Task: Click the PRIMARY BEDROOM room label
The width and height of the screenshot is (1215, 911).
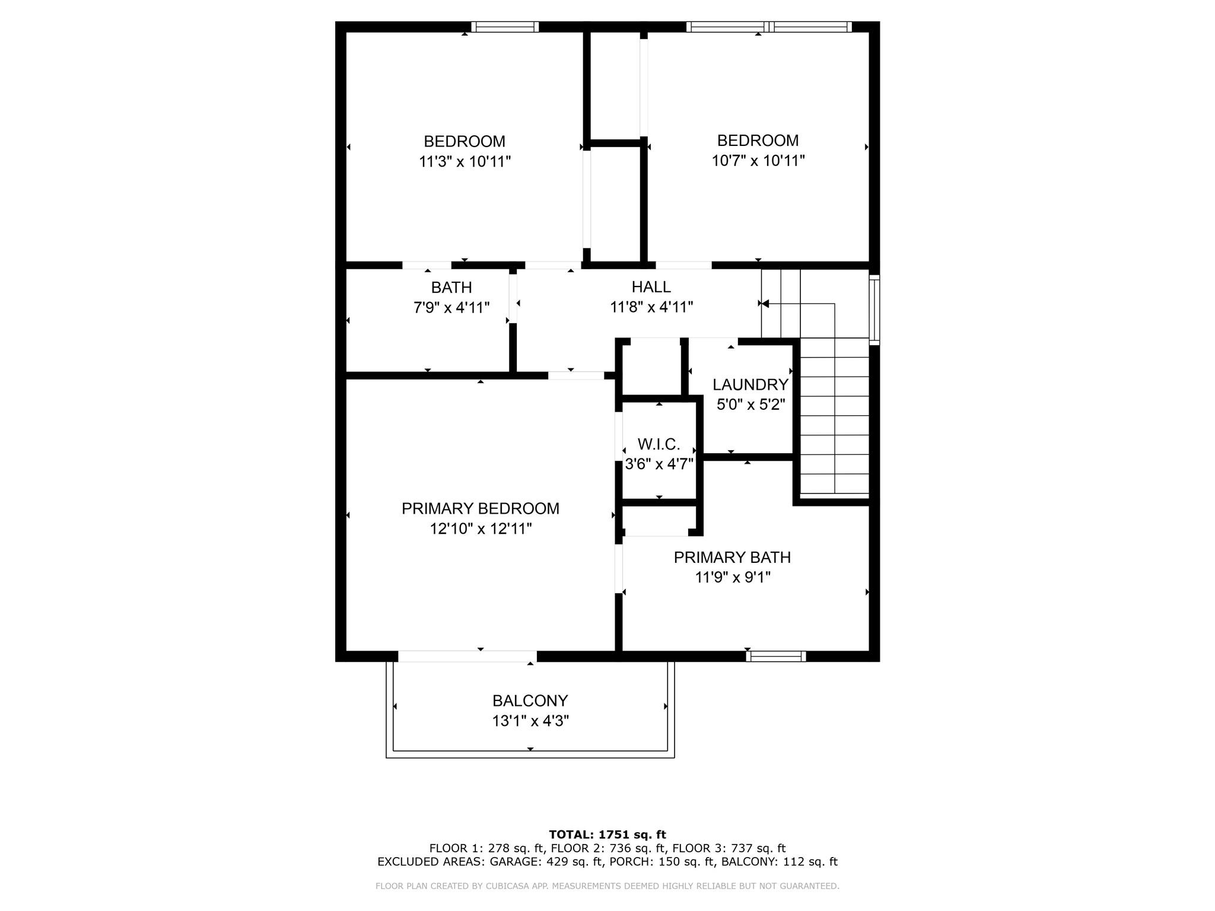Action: [480, 508]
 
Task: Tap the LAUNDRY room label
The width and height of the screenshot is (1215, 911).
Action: [750, 384]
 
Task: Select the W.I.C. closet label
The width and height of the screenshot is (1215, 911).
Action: [659, 444]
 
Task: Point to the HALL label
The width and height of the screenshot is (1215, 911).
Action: [651, 287]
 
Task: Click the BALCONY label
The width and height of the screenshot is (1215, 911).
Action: [530, 700]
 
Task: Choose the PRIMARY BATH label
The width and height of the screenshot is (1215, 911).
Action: [732, 558]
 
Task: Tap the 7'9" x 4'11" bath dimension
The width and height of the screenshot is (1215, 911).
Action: [451, 307]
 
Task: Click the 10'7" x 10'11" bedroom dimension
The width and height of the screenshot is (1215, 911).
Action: [758, 161]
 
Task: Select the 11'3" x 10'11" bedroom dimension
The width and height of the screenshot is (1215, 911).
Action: [465, 161]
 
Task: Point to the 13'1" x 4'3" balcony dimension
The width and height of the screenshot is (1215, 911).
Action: [530, 721]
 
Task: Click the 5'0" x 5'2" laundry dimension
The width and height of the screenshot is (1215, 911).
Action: [750, 404]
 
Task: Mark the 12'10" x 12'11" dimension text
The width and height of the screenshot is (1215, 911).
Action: [481, 528]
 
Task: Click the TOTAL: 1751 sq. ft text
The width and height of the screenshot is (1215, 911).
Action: [607, 834]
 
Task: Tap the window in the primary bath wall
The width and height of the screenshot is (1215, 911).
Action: [775, 656]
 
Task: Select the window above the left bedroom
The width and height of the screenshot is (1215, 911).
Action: [505, 27]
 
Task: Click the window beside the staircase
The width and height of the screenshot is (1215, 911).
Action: [874, 309]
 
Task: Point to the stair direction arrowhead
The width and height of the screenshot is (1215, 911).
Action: [765, 304]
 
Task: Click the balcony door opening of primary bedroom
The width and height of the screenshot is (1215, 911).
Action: [467, 656]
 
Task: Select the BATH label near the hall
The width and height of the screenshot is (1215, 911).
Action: [451, 288]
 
